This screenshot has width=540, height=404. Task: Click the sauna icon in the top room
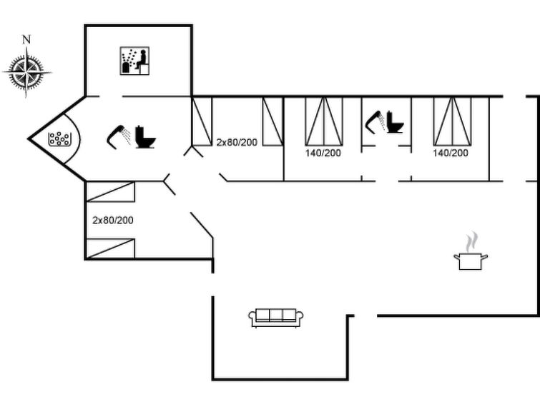coord(134,61)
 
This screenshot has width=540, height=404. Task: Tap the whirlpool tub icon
coord(59,138)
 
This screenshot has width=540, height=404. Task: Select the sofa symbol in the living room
coord(276,318)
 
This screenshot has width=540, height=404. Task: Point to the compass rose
coord(26,72)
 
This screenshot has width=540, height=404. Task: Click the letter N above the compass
coord(26,39)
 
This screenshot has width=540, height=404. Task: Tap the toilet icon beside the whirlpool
coord(145,137)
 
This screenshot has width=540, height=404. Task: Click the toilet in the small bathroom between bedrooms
coord(395,122)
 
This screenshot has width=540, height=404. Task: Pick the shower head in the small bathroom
coord(375,122)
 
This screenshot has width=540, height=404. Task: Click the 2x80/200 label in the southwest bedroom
coord(113,220)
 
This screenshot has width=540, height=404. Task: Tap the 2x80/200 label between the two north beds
coord(237,142)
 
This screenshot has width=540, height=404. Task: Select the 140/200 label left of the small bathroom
coord(323,153)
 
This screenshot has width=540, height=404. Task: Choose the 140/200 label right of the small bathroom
coord(451,153)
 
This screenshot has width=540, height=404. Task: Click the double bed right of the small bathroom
coord(452,121)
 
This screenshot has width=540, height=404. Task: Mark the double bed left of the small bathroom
coord(324,121)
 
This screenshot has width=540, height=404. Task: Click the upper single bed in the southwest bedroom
coord(110,191)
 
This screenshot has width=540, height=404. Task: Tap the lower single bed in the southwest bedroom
coord(110,248)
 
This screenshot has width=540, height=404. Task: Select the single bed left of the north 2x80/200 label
coord(202,121)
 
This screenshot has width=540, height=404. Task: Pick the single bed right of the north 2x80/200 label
coord(273,121)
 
